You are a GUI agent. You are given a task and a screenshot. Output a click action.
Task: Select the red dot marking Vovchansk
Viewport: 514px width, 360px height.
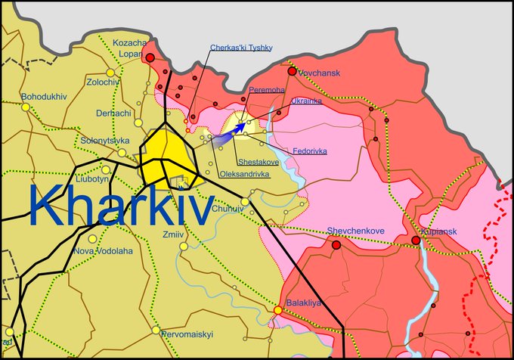coord(292,71)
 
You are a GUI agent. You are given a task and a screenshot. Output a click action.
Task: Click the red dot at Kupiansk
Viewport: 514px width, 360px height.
coord(416,241)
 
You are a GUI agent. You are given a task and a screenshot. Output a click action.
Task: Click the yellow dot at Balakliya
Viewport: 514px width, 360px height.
coord(278,310)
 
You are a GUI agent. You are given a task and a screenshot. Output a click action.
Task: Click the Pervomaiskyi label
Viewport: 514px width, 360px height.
coord(188,334)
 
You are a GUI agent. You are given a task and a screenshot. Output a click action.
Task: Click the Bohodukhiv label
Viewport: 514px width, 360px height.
coord(45,97)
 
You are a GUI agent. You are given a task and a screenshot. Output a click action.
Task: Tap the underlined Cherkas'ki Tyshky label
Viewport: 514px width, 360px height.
coord(241,48)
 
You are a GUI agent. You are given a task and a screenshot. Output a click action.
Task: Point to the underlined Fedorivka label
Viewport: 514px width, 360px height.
coord(310,151)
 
